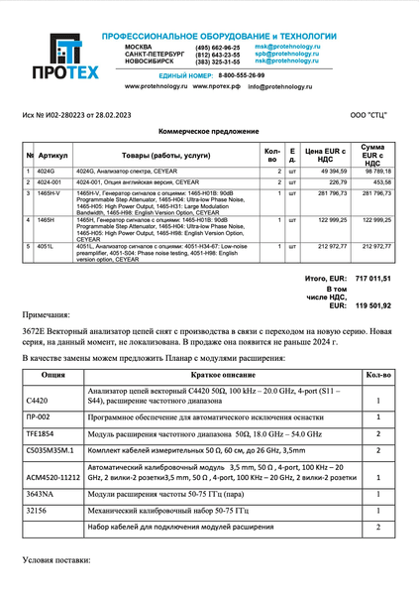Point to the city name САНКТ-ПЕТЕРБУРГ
point(154,55)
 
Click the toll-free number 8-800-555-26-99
point(242,75)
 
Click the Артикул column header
point(54,156)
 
